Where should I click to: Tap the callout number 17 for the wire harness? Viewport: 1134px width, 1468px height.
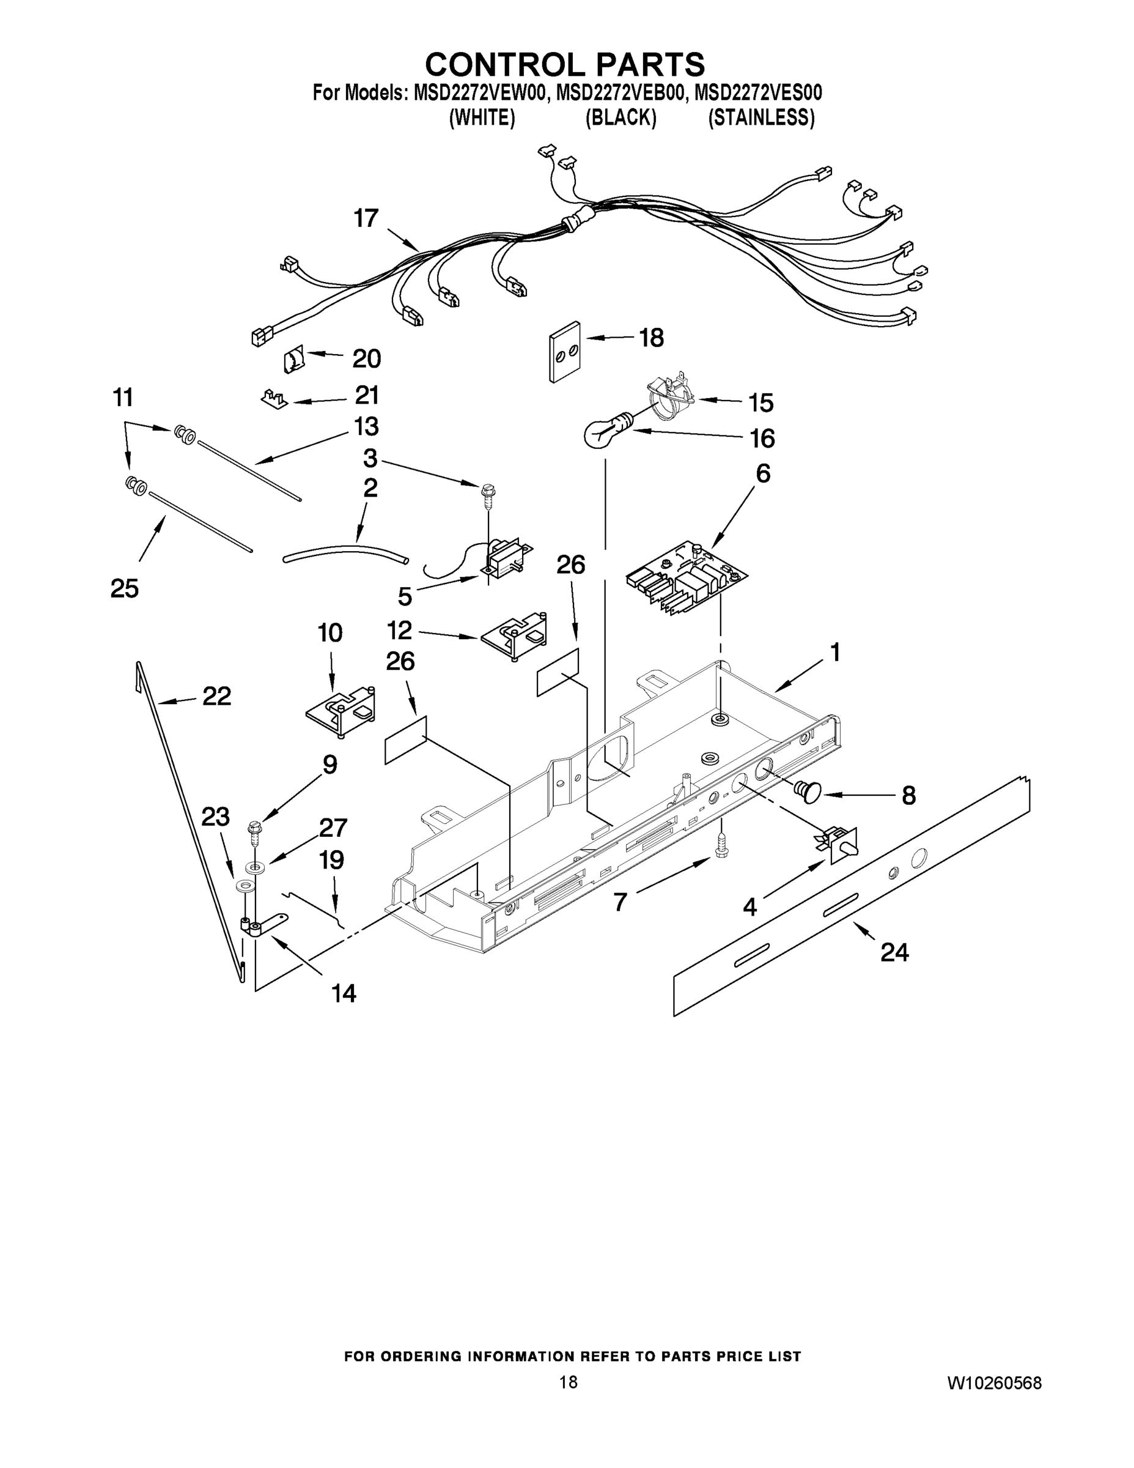(366, 218)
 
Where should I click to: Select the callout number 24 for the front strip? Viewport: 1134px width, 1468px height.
(894, 952)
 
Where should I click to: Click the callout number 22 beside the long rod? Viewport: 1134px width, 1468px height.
(216, 696)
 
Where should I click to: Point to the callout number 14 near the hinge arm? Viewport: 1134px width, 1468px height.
(344, 993)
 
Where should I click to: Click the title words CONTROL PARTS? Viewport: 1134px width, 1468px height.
(565, 64)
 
